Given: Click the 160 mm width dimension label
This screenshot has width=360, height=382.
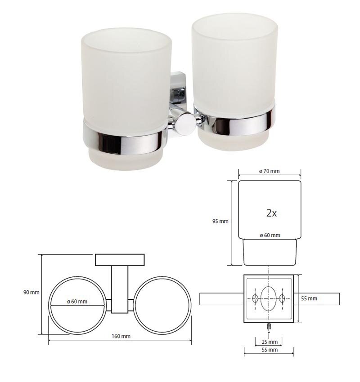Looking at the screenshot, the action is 121,336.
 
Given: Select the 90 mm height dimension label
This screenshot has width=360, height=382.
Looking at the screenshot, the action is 31,292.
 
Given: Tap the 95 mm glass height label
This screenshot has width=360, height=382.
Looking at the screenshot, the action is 220,221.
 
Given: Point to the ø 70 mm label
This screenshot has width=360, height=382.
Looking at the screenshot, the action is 269,171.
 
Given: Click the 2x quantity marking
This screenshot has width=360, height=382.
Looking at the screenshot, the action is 271,213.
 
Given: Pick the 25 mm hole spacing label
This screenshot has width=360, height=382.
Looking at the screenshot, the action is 270,342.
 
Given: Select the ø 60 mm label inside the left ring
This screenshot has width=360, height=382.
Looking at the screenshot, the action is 77,302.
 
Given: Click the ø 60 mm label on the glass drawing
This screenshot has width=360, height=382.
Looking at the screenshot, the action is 270,235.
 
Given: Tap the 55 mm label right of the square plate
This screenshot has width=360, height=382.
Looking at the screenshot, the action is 309,298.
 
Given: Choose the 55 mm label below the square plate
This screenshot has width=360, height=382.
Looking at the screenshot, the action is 270,350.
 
